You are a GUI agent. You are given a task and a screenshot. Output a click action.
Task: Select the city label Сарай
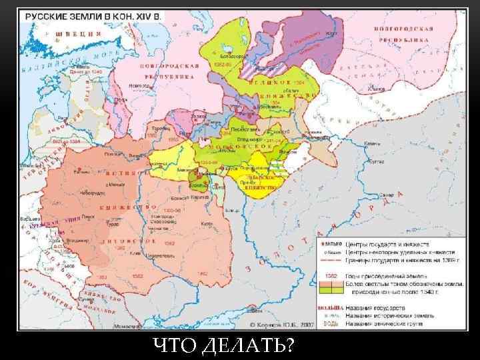pyautogui.click(x=388, y=195)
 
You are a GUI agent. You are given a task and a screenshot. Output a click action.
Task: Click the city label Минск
pyautogui.click(x=116, y=181)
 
